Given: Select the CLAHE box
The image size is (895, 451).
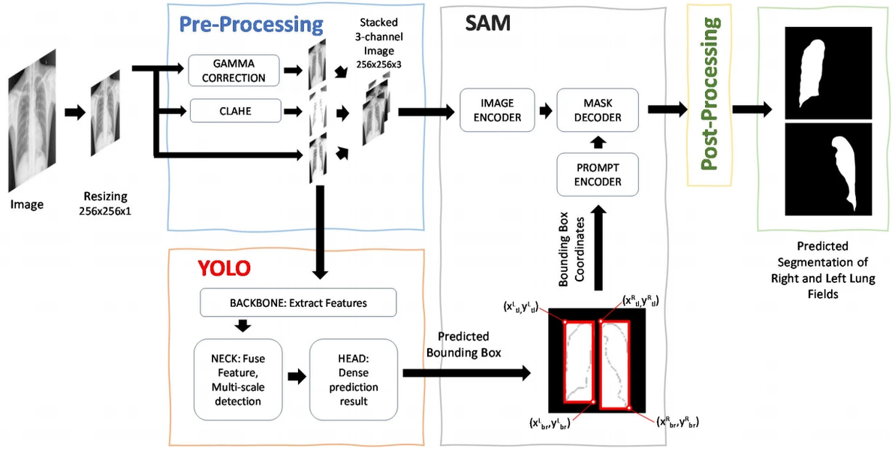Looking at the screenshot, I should (x=234, y=111).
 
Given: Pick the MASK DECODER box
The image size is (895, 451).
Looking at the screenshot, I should (x=597, y=110).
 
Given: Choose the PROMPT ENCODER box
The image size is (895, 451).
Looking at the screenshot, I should (x=597, y=174).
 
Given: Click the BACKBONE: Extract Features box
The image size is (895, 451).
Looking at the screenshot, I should (x=298, y=303).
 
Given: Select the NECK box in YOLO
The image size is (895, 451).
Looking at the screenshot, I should (x=237, y=379).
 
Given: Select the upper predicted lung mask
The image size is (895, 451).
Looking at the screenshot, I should (x=828, y=73).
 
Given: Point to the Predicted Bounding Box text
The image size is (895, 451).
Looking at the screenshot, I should (x=463, y=344).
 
